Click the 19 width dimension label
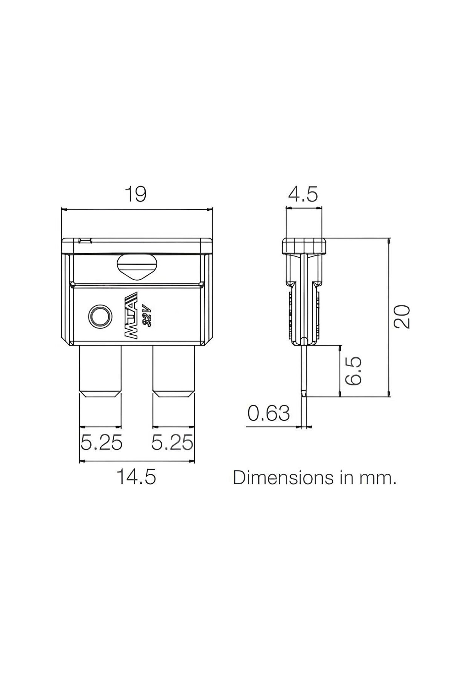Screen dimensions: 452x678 136,194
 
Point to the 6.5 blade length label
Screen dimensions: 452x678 354,371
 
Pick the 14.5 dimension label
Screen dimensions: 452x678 136,477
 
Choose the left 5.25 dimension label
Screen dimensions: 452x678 101,443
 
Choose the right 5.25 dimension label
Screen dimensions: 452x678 172,443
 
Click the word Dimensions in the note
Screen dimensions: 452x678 283,477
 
